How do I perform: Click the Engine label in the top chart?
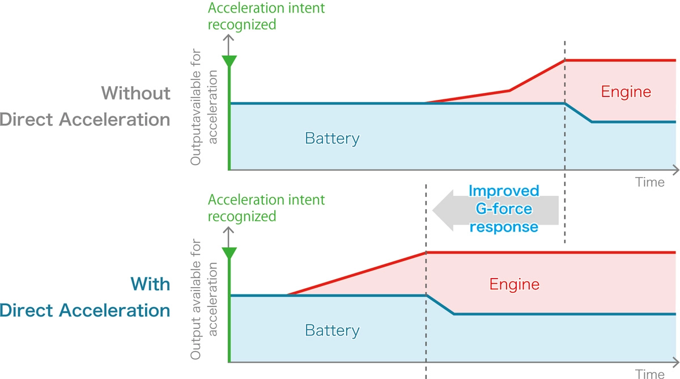click(626, 91)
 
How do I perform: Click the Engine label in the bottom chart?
click(514, 284)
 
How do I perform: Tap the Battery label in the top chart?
click(332, 138)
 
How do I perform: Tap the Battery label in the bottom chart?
click(332, 330)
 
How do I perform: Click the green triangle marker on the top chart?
click(228, 61)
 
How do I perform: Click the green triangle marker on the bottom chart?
click(228, 252)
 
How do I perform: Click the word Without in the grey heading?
click(135, 92)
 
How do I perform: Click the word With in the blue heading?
click(150, 283)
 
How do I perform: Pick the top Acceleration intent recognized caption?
click(266, 16)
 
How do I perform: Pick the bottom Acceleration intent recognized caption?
click(266, 208)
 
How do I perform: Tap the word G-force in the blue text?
click(504, 209)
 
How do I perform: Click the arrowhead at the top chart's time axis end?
click(675, 170)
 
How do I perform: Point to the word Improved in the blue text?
click(504, 191)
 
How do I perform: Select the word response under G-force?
click(504, 226)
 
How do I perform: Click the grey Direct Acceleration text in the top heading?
click(85, 119)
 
